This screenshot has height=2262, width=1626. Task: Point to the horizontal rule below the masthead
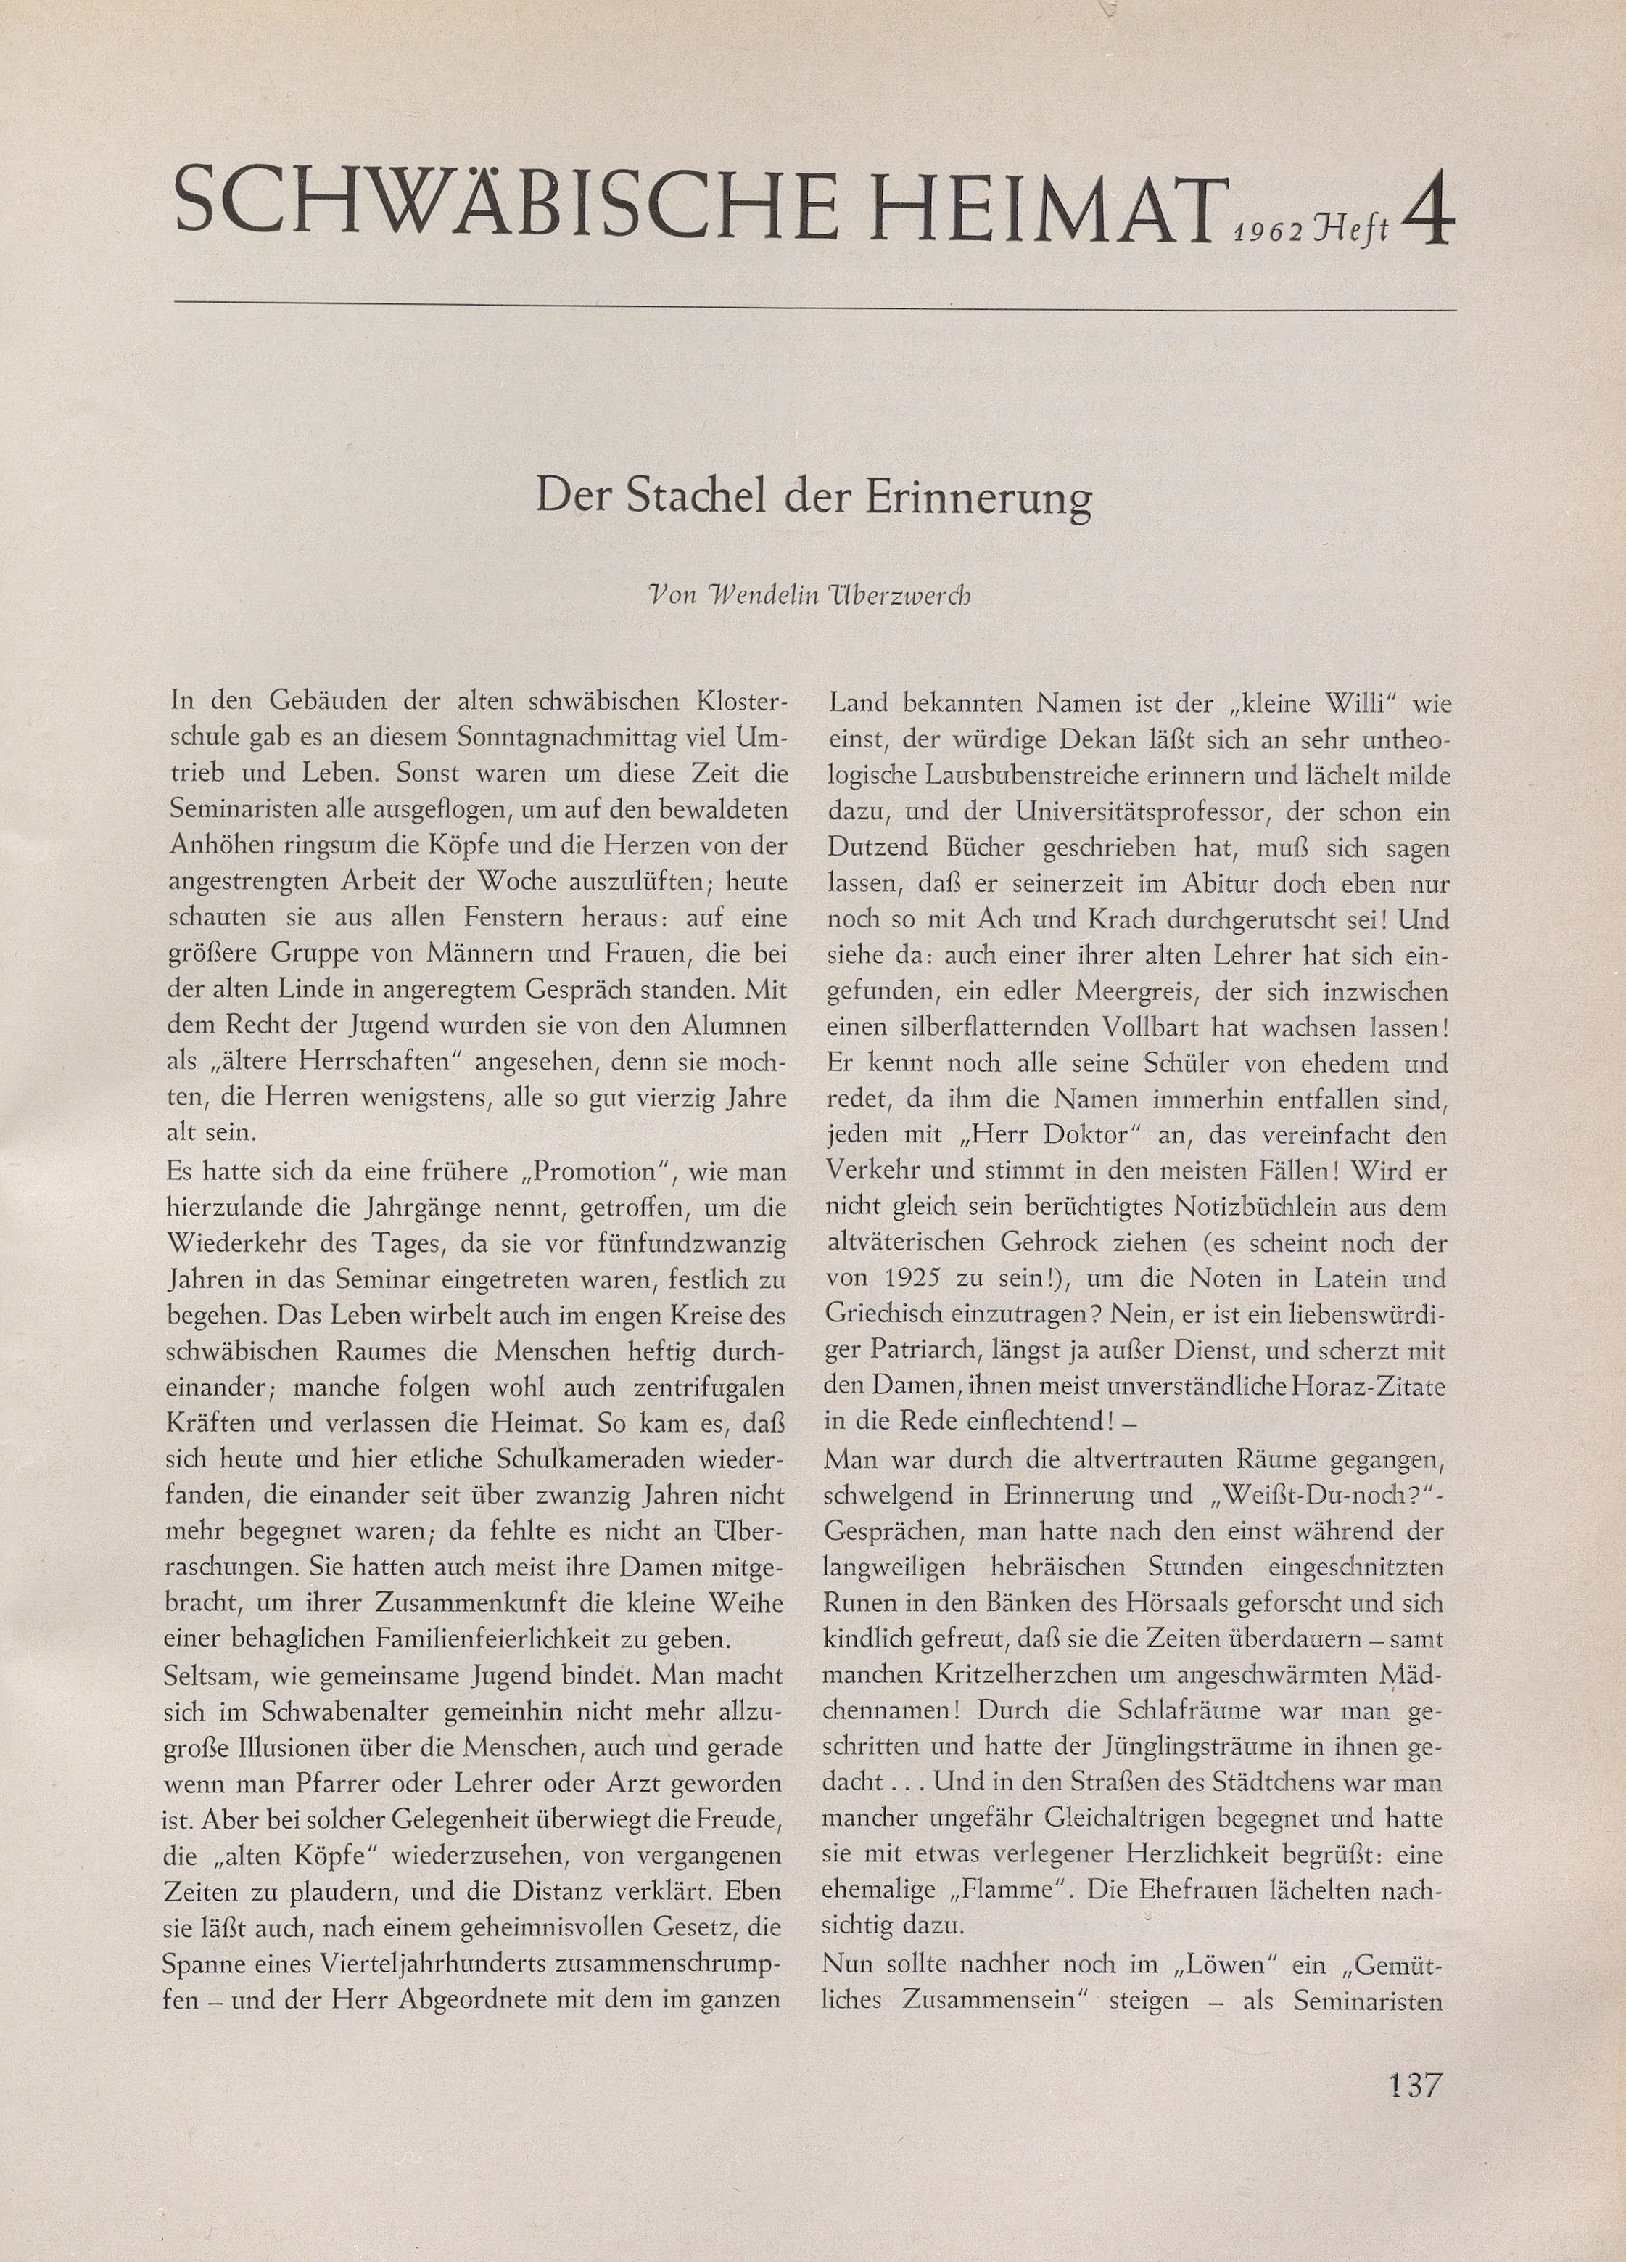tap(814, 306)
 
